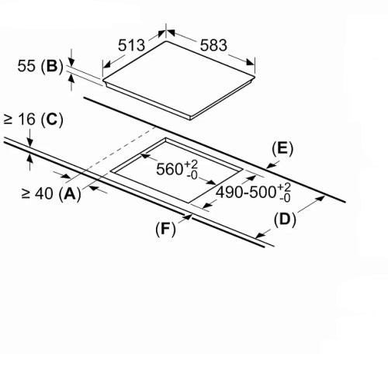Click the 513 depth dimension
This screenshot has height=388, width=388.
tap(131, 46)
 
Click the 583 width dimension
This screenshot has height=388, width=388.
tap(213, 45)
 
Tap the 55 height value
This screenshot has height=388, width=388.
tap(26, 66)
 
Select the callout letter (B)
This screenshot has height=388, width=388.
tap(52, 66)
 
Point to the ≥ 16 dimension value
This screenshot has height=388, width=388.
tap(19, 120)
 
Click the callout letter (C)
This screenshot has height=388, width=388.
tap(52, 120)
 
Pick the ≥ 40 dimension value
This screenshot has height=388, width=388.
tap(37, 193)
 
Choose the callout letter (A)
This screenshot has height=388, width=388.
tap(70, 193)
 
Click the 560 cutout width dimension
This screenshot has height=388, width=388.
tap(177, 168)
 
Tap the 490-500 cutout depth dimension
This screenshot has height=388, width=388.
tap(253, 192)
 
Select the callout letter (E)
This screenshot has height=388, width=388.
tap(282, 149)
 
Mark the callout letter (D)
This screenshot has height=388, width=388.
tap(285, 220)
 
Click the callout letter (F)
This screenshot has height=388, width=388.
tap(165, 229)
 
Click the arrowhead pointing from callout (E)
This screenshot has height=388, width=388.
tap(270, 166)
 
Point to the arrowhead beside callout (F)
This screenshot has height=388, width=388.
tap(188, 217)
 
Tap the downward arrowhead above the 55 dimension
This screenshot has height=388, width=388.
tap(71, 62)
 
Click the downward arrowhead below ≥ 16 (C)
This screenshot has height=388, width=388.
tap(30, 143)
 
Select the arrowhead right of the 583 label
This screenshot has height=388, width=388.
tap(250, 62)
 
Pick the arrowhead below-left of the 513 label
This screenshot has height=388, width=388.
tap(107, 65)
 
